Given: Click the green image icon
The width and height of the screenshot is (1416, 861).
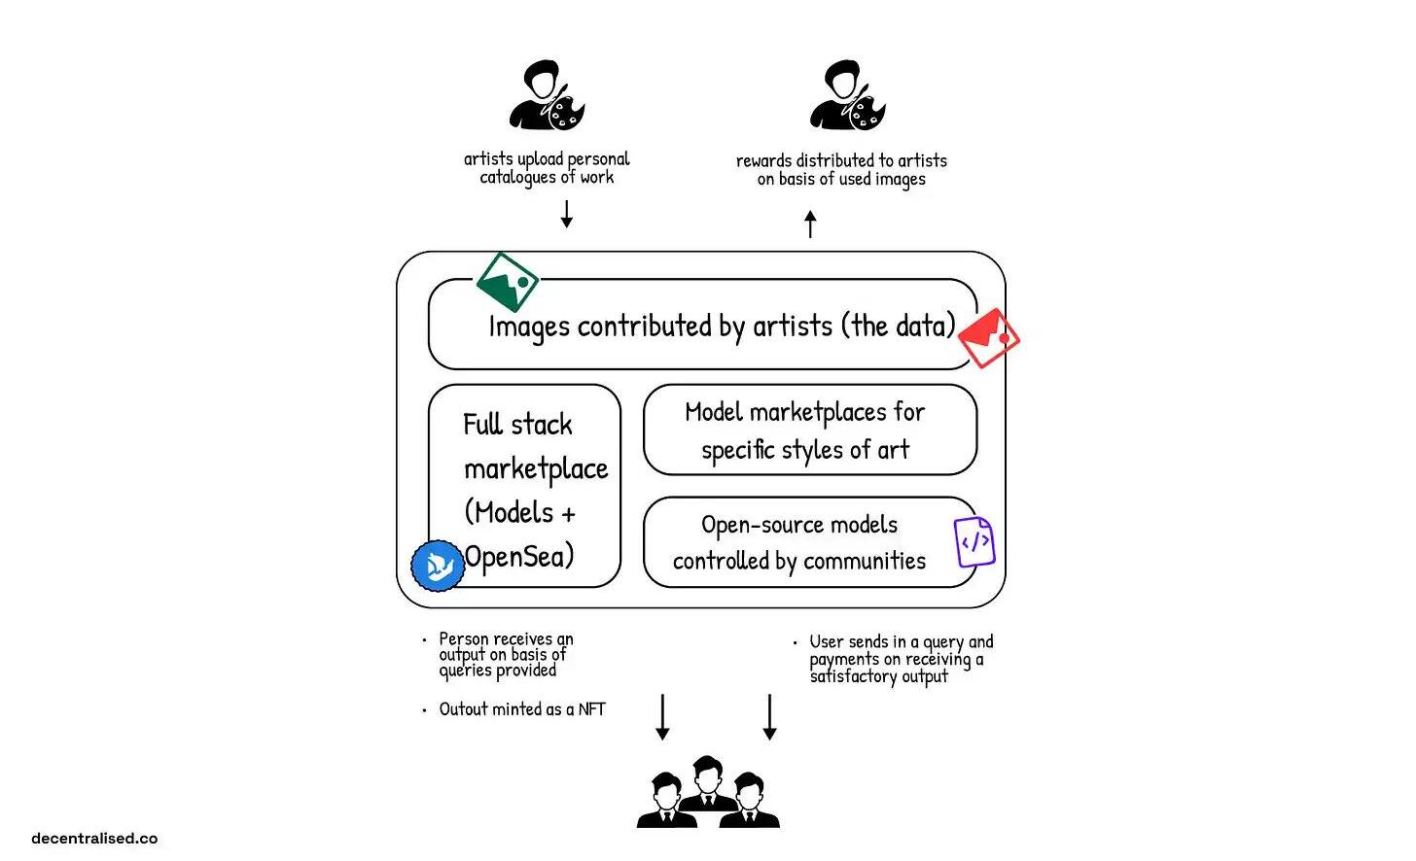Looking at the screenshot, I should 507,283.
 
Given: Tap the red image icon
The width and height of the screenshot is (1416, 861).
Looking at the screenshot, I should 988,337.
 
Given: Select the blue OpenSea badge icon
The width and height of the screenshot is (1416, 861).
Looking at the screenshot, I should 438,566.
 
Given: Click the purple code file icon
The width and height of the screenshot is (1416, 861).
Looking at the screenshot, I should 974,542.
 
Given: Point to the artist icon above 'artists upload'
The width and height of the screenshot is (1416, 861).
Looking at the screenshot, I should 547,96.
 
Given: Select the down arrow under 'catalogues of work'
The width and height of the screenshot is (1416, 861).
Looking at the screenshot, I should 567,213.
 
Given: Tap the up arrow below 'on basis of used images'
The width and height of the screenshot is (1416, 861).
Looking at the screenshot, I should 810,224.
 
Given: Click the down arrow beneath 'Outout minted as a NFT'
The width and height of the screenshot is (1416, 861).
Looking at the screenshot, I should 662,717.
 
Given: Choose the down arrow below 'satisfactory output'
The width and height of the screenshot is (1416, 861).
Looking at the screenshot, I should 769,717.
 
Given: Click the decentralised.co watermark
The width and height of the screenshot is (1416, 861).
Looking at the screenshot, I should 94,838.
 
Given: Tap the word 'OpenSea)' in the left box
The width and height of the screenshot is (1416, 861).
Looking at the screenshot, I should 518,557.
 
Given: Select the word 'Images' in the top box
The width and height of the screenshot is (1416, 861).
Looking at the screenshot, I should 529,327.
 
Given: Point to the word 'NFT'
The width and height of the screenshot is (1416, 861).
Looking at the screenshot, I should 591,709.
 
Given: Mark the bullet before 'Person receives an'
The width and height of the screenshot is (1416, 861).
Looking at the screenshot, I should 424,639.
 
